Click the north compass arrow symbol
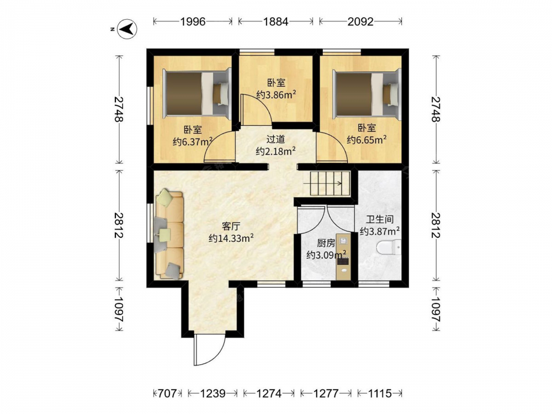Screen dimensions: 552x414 click(127, 29)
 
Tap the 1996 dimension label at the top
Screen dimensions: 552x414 click(193, 22)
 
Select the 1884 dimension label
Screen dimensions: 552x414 click(276, 22)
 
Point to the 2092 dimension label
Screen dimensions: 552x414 click(360, 22)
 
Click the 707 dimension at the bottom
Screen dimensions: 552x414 click(167, 393)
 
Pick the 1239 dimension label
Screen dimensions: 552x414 click(213, 393)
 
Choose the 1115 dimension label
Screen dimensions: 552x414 click(380, 393)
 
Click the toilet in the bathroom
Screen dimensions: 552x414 click(389, 247)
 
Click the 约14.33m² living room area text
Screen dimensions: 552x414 click(231, 238)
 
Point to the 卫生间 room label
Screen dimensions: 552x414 click(380, 220)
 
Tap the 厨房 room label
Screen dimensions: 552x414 click(326, 243)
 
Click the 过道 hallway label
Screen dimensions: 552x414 click(275, 140)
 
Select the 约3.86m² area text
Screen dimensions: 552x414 click(276, 94)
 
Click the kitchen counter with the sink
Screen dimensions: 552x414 click(343, 256)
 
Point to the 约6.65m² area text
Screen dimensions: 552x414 click(367, 140)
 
